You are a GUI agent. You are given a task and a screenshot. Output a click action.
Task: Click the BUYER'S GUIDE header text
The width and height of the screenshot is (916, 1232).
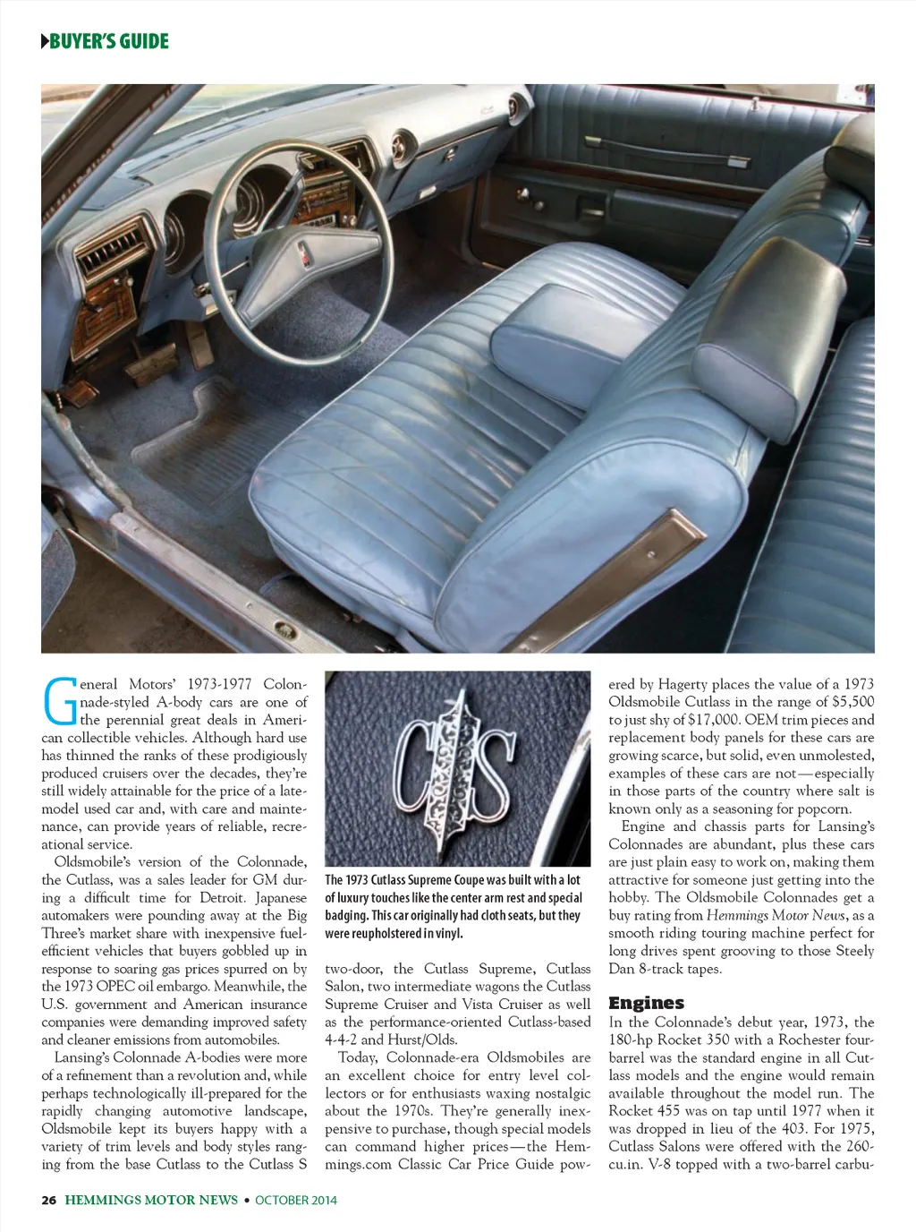(109, 41)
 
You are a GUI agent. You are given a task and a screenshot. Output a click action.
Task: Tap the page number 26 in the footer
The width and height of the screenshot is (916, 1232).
(48, 1200)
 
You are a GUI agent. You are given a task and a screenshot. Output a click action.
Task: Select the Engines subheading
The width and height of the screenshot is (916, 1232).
(646, 1003)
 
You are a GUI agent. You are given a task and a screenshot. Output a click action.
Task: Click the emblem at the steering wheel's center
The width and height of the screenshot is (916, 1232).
(306, 252)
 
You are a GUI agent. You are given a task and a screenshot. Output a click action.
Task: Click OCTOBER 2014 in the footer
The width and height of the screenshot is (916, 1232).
(296, 1200)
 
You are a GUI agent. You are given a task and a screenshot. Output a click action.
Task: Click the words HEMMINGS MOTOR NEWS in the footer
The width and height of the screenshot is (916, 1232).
(151, 1200)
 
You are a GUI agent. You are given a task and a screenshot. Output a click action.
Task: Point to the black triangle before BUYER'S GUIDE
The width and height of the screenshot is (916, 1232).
(45, 41)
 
